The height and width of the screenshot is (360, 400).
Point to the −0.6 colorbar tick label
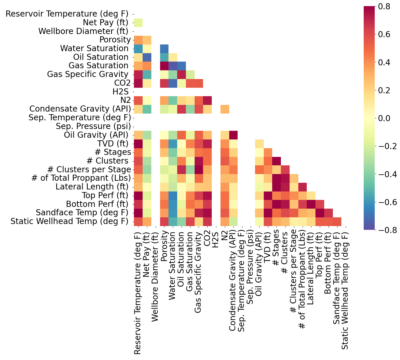(388, 202)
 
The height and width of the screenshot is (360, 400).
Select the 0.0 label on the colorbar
(388, 118)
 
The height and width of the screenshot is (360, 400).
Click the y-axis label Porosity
(115, 40)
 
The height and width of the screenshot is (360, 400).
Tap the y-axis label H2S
(121, 92)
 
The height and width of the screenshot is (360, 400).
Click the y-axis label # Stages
(113, 152)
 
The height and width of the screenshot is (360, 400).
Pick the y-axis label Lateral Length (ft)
(93, 187)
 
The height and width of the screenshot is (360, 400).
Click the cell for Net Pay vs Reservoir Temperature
(138, 22)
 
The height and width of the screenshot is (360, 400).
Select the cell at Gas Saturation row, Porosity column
(164, 66)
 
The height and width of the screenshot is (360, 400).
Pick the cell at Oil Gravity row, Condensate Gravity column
(233, 135)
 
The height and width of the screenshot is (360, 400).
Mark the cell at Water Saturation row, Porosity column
(164, 49)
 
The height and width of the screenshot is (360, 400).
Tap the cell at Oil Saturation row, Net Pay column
(147, 57)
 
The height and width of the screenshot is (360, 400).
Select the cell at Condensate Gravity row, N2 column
(225, 109)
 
